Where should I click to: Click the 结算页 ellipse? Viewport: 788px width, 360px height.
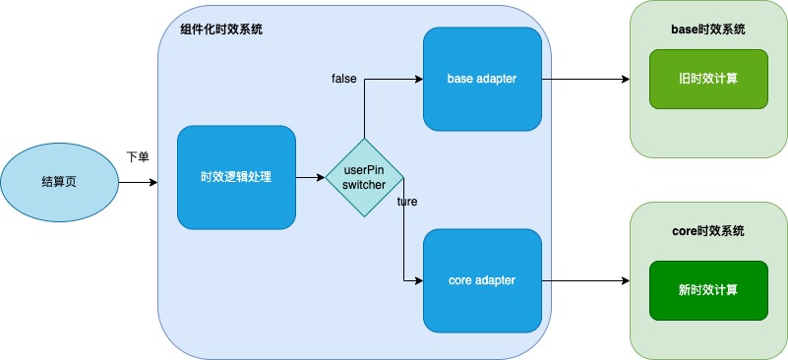pos(59,182)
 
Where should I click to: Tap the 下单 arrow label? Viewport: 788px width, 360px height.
pos(137,158)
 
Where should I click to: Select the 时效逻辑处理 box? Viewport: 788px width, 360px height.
pos(236,177)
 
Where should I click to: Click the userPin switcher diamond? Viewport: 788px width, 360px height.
pos(364,177)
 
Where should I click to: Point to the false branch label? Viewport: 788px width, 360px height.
pos(343,79)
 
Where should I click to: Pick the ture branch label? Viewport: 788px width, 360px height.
pos(407,202)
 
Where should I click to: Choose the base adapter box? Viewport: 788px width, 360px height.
pos(482,79)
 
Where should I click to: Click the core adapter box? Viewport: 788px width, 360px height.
pos(482,280)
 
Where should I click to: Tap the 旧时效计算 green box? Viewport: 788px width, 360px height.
pos(708,79)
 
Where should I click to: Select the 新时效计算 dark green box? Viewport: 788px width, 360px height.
pos(708,290)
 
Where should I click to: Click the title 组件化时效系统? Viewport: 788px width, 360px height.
pos(221,30)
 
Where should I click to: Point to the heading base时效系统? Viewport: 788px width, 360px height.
pos(708,30)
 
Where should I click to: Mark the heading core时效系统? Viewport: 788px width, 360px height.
pos(708,231)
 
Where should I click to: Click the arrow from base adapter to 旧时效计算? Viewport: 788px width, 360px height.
pos(585,79)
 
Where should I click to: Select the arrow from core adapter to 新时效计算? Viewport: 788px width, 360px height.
pos(585,280)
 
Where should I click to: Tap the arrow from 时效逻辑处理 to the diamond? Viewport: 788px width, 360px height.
pos(310,177)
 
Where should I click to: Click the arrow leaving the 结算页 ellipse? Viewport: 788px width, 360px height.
pos(138,182)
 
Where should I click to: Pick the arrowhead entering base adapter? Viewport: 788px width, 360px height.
pos(419,79)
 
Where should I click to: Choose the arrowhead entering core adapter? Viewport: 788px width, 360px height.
pos(419,280)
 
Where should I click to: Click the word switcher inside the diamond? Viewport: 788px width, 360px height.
pos(364,185)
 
